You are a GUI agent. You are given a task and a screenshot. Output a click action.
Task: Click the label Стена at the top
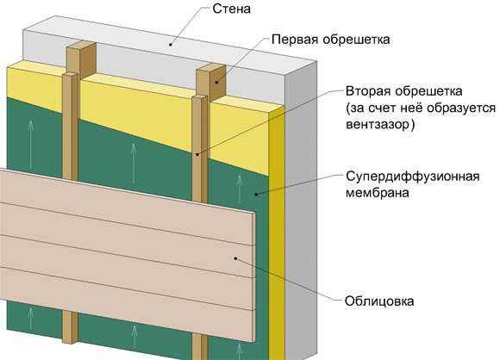(x=232, y=9)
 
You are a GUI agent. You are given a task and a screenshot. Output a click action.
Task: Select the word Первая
(x=295, y=40)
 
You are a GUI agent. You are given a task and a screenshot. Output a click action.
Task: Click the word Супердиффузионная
(x=413, y=177)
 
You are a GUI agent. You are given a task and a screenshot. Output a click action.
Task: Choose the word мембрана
(x=378, y=193)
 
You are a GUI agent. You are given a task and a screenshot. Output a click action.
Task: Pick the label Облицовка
(x=379, y=301)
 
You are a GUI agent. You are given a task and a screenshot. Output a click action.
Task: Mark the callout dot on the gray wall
(x=172, y=45)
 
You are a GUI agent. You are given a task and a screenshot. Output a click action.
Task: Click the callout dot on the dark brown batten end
(x=216, y=83)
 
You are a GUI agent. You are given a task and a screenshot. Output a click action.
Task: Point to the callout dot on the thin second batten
(x=197, y=155)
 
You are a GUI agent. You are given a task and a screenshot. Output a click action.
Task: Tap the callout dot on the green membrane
(x=255, y=194)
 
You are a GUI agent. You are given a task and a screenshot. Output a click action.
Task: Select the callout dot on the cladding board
(x=236, y=258)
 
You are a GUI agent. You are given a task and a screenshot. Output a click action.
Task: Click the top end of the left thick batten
(x=81, y=45)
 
